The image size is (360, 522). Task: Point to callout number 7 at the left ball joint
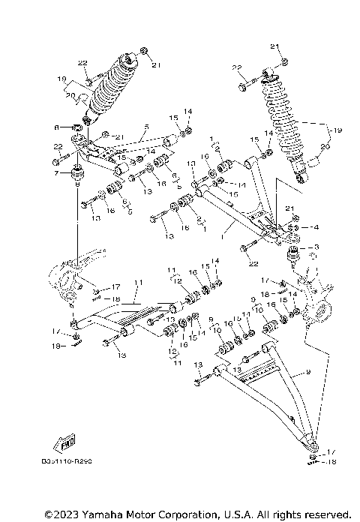coord(56,174)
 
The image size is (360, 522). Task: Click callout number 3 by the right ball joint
coord(316,247)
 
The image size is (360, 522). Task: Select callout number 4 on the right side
coord(316,226)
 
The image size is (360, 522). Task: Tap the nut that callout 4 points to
coord(295,226)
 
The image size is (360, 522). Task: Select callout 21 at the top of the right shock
coord(284,46)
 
